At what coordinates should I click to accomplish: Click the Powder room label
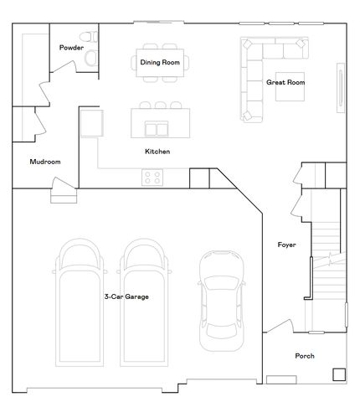[x=71, y=48]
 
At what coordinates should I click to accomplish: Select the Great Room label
[x=285, y=83]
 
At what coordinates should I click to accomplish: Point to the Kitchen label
[x=157, y=152]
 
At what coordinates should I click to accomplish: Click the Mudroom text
[x=45, y=162]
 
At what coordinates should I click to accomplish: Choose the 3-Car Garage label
[x=126, y=296]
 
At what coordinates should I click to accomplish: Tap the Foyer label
[x=287, y=245]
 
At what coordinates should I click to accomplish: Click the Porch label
[x=305, y=356]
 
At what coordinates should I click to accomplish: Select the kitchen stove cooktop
[x=152, y=177]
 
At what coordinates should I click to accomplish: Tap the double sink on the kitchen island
[x=156, y=128]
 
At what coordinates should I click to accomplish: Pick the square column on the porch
[x=338, y=374]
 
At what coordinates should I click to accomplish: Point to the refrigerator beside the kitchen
[x=91, y=124]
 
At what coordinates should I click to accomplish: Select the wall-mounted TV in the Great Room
[x=340, y=88]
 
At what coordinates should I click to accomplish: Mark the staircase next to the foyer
[x=327, y=243]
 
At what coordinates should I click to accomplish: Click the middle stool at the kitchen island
[x=158, y=105]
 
